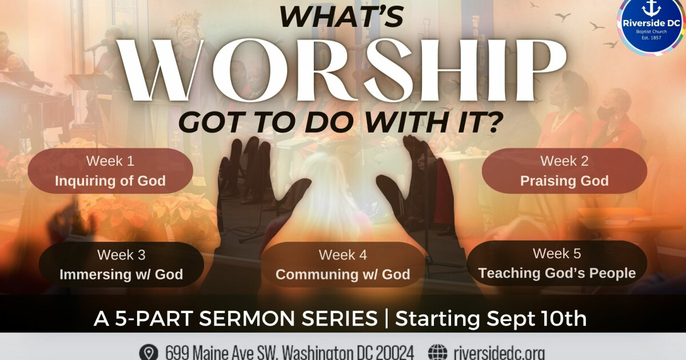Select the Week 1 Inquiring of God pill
tap(110, 171)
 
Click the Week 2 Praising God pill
tap(564, 171)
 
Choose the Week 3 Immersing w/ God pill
tap(121, 264)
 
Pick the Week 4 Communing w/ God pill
tap(342, 264)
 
